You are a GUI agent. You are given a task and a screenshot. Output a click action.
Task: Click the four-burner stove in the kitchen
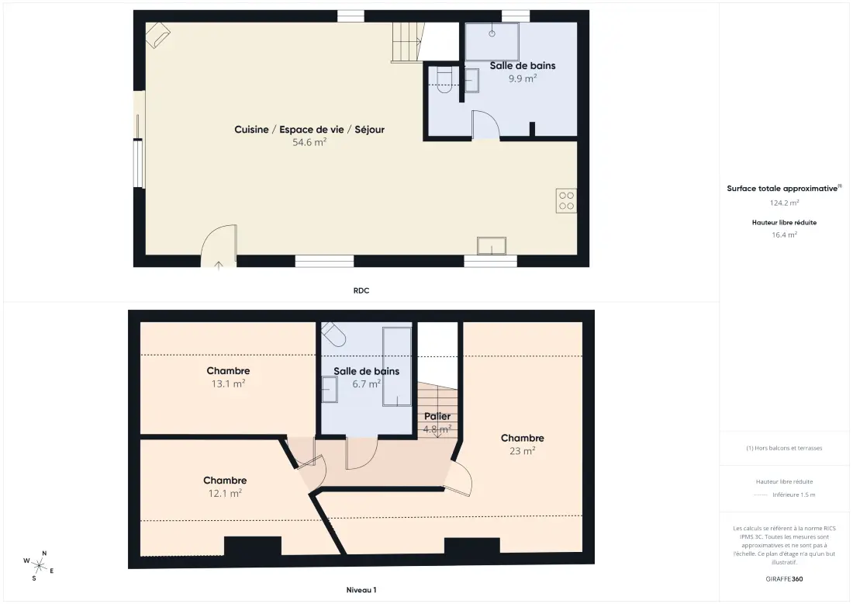tap(566, 200)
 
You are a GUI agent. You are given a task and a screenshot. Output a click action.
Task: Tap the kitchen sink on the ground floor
tap(492, 246)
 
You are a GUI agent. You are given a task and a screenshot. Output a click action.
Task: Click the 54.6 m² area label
tap(309, 142)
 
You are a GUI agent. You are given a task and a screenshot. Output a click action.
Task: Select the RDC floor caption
tap(361, 291)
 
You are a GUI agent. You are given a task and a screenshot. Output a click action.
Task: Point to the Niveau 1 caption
tap(361, 590)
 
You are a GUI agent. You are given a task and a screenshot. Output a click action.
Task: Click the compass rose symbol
tap(39, 566)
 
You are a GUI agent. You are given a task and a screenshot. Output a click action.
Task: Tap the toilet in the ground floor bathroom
tap(444, 80)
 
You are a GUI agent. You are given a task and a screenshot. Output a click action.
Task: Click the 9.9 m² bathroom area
tap(523, 78)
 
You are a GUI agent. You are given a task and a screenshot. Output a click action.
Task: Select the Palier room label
tap(437, 416)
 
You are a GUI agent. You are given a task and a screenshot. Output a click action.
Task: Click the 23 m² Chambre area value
tap(522, 451)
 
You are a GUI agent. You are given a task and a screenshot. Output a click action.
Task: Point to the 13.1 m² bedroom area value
tap(229, 384)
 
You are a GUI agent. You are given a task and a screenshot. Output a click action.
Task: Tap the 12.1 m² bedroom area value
tap(225, 494)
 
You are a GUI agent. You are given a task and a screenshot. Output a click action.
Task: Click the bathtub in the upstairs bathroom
tap(397, 366)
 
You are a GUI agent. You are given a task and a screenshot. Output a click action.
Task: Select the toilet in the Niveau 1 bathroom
tap(333, 333)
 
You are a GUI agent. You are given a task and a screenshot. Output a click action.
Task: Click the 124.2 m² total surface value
tap(785, 203)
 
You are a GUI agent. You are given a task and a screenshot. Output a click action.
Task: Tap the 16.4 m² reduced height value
tap(785, 234)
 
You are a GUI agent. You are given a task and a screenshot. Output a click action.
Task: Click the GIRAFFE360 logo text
tap(785, 579)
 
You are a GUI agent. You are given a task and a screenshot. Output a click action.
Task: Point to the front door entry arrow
tap(219, 266)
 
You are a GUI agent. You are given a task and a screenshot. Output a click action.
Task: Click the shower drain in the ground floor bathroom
tap(492, 33)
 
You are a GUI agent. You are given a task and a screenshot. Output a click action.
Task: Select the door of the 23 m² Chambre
tap(460, 478)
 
